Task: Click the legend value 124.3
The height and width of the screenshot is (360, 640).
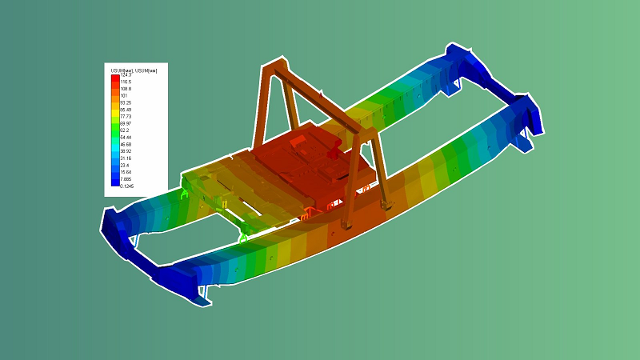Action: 126,75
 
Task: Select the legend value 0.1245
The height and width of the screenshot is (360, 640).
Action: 127,186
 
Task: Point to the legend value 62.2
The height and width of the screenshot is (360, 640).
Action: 126,130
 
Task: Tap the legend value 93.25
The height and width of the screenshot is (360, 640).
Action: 126,102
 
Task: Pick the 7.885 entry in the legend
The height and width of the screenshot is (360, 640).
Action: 126,178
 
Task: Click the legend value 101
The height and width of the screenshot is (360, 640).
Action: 124,95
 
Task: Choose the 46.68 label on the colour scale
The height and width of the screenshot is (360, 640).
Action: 126,144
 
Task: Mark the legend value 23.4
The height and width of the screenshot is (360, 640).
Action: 125,165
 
